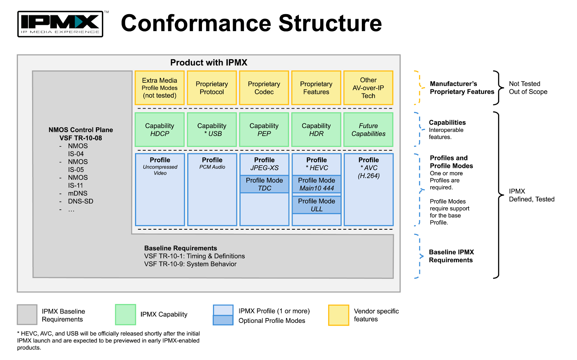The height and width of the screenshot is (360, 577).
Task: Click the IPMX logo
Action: click(60, 24)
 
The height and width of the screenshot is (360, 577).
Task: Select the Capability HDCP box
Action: click(160, 130)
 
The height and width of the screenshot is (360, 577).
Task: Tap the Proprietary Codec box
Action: click(264, 88)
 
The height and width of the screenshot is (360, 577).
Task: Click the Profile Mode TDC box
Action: click(264, 184)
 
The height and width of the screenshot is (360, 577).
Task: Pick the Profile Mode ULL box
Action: click(317, 205)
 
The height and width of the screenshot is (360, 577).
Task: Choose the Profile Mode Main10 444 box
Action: click(317, 184)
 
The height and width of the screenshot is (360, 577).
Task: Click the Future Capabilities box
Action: click(368, 130)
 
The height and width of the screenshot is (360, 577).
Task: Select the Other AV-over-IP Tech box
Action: click(368, 88)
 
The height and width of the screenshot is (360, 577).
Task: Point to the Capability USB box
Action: click(212, 130)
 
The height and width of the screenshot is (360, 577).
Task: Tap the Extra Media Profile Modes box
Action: click(160, 88)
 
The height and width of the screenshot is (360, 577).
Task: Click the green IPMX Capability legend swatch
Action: click(125, 314)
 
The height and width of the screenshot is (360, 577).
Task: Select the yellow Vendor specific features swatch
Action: click(339, 315)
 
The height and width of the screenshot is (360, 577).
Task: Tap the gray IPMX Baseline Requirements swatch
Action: click(27, 314)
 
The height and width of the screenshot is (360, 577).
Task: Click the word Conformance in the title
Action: click(196, 23)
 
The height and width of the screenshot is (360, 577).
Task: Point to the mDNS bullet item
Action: click(77, 193)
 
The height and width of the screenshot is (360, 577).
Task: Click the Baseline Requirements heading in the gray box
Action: click(181, 248)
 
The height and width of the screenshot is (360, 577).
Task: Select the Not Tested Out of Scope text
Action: click(528, 88)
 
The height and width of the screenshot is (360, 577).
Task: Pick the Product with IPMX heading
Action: click(209, 62)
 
